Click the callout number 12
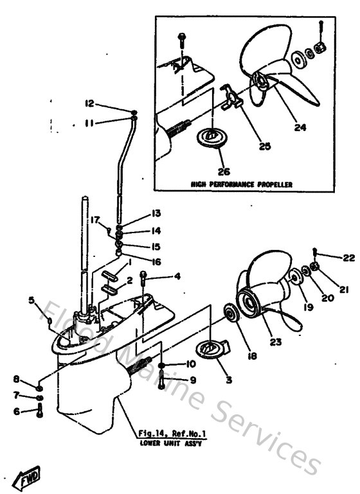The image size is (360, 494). tap(89, 103)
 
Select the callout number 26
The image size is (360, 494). tap(222, 172)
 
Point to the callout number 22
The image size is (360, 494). tap(330, 258)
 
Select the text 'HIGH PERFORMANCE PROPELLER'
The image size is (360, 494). tap(242, 184)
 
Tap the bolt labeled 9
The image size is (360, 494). tap(161, 384)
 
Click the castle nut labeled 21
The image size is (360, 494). tap(315, 266)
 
